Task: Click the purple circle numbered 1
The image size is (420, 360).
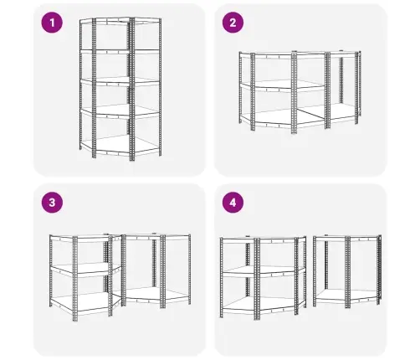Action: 52,23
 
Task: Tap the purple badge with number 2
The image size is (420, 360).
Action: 233,23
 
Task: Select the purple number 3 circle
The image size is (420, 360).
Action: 52,203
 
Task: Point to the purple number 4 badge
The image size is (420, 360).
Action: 233,203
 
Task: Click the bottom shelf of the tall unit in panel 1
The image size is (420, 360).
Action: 120,146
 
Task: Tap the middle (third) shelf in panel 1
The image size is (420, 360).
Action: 120,81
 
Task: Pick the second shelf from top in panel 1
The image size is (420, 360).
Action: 120,51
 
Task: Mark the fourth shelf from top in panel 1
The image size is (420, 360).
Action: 120,111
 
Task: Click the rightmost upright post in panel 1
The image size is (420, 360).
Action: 160,87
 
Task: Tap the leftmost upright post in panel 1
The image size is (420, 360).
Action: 81,85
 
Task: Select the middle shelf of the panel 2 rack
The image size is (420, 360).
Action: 282,85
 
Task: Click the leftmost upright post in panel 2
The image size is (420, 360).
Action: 240,88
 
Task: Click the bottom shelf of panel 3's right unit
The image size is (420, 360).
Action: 157,295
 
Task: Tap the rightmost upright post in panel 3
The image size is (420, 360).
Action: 189,270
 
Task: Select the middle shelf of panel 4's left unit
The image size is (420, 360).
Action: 263,271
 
